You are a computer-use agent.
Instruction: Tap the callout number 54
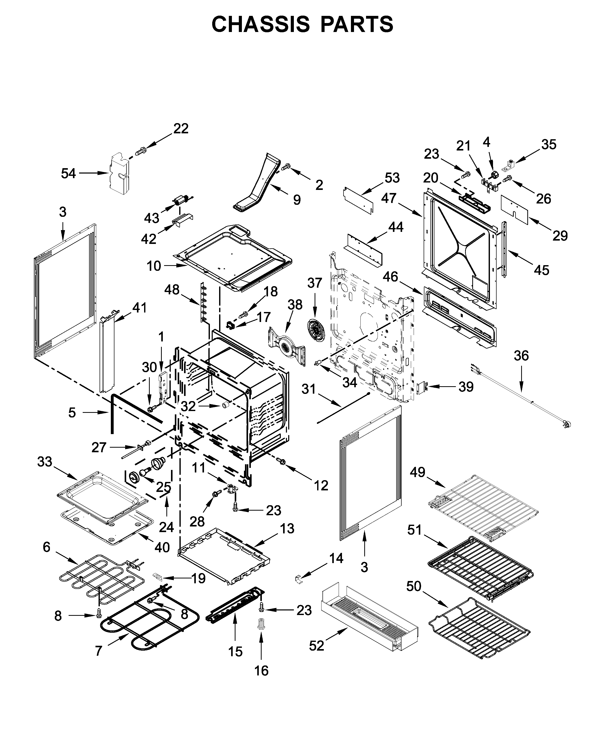click(x=68, y=173)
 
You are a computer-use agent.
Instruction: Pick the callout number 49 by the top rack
click(x=417, y=472)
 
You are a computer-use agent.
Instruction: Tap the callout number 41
click(x=140, y=308)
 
